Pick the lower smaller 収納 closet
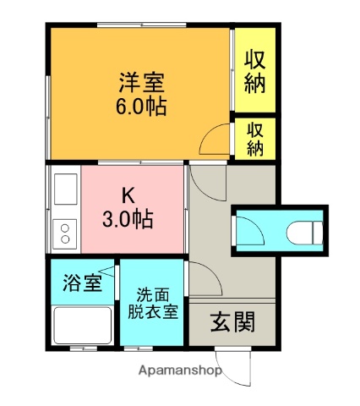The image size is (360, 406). (255, 138)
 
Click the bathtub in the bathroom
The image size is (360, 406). (82, 325)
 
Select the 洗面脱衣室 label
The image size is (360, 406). (153, 304)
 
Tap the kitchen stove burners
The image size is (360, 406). (64, 230)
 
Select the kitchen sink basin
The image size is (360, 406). (64, 191)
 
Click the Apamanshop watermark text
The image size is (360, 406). (175, 370)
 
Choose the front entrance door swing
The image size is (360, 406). (238, 365)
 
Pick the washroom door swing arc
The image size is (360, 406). (199, 277)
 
